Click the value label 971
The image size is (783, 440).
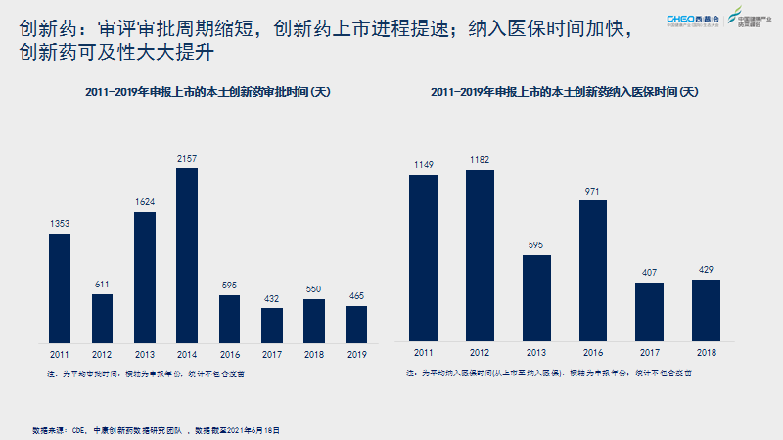pyautogui.click(x=592, y=192)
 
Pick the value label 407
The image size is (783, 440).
pyautogui.click(x=649, y=274)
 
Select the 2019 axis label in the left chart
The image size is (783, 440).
pyautogui.click(x=357, y=354)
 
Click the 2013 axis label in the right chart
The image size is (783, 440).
pyautogui.click(x=536, y=352)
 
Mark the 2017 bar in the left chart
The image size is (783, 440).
pyautogui.click(x=272, y=323)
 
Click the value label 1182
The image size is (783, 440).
pyautogui.click(x=480, y=160)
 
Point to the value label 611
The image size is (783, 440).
pyautogui.click(x=103, y=285)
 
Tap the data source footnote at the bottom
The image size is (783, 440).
pyautogui.click(x=156, y=430)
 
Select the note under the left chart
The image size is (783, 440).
pyautogui.click(x=147, y=373)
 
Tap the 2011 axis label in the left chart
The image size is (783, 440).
pyautogui.click(x=60, y=354)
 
